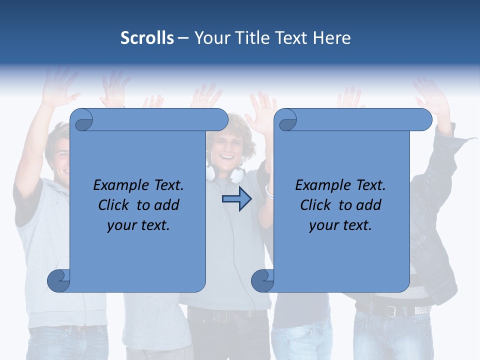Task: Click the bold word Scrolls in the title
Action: click(147, 38)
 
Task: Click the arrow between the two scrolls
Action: click(236, 199)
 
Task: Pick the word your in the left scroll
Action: click(119, 225)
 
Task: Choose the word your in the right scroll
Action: click(321, 225)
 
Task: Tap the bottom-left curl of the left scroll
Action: click(59, 281)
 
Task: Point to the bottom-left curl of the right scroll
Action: click(262, 281)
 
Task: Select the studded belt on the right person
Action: click(419, 310)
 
